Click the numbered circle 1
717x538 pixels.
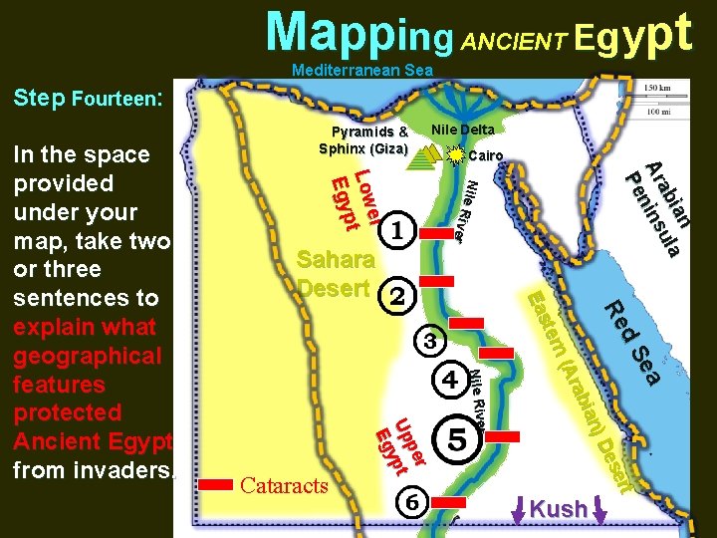click(396, 232)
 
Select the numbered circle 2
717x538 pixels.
click(396, 295)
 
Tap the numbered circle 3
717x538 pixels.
click(430, 342)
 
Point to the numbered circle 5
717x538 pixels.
click(457, 438)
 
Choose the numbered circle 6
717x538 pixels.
click(412, 504)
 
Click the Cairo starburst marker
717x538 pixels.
click(456, 156)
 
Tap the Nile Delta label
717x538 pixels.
click(462, 130)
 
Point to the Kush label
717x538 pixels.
click(558, 509)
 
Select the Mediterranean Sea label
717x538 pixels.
click(362, 71)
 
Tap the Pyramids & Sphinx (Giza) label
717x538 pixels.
click(363, 140)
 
